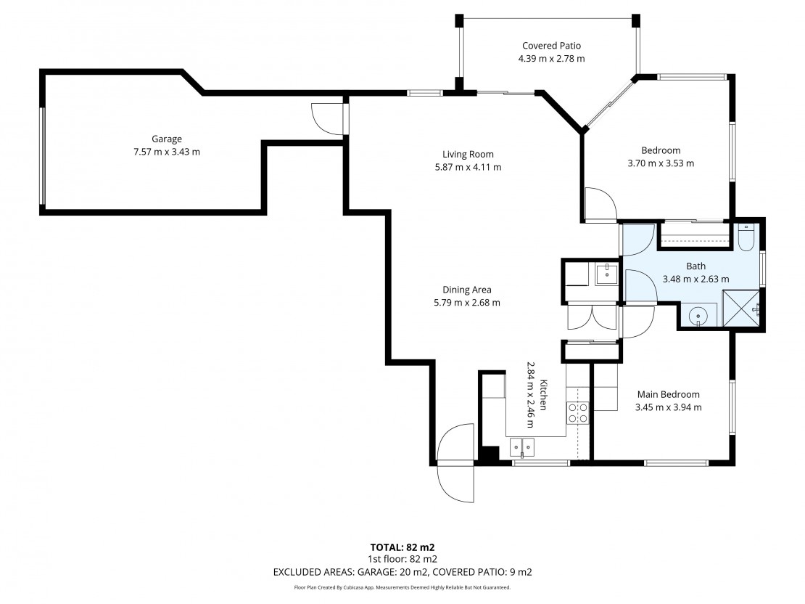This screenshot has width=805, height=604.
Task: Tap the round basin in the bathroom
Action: (698, 315)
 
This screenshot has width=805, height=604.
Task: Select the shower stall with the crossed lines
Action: (741, 309)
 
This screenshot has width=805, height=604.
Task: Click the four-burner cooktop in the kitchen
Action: (577, 413)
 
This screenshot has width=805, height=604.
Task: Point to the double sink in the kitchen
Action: (522, 447)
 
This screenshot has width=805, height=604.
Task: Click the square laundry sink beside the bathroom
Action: (606, 274)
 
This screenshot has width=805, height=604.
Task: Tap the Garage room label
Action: (166, 139)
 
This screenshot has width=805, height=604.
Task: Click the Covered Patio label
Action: (551, 46)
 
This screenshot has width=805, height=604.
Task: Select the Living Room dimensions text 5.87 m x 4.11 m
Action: (468, 167)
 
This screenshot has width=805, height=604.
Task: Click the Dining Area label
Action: (467, 290)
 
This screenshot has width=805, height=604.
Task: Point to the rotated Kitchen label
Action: (544, 395)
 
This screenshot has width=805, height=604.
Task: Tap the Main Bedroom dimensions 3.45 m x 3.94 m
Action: (669, 408)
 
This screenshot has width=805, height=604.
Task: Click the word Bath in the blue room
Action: (695, 266)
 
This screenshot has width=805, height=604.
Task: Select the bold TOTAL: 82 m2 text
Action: (402, 547)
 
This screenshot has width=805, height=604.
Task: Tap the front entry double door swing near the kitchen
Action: (455, 462)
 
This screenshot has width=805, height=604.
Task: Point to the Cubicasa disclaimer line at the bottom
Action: (402, 587)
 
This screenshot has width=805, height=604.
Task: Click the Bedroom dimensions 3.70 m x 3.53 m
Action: (661, 163)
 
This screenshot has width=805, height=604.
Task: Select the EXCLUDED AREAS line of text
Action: (402, 572)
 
